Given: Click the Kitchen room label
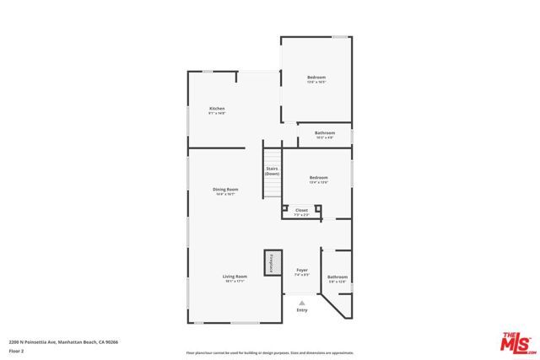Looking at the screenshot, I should point(217,109).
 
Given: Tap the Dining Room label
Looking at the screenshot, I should point(225,190).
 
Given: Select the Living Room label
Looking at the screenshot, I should point(235,277).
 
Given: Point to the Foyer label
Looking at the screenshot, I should point(301,270).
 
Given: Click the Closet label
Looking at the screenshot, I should point(301,210).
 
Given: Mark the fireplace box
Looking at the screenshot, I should point(271,262).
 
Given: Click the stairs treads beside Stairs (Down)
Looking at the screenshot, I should point(272,173).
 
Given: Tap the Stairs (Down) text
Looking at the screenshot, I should point(272,171).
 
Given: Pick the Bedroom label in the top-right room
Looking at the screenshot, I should point(316,78).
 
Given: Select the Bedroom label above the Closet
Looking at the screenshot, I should point(318,177).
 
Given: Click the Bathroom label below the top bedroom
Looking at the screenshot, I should point(325,132).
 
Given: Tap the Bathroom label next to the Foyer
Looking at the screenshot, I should point(337,277).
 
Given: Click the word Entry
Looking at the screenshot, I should point(302,310).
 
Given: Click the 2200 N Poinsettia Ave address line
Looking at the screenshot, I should point(63,341).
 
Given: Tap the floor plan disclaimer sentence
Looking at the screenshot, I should point(270,352).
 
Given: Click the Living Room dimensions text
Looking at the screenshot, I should point(235,282).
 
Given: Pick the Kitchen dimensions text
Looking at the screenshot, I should point(217,114).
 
